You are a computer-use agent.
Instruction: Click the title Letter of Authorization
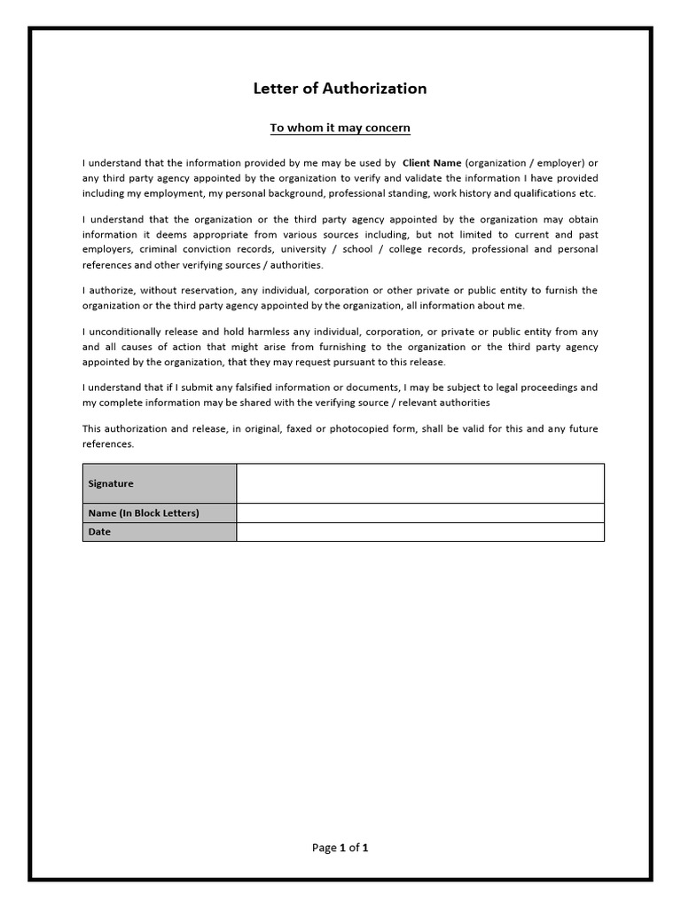point(340,89)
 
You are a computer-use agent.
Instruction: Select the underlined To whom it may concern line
point(340,128)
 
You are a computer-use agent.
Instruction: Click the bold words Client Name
point(432,163)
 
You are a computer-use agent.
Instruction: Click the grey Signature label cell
point(160,483)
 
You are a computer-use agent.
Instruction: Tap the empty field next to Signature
point(419,483)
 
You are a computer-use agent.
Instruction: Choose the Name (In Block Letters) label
point(160,513)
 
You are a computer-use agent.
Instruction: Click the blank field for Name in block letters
point(419,513)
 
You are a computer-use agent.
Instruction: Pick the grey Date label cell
point(160,532)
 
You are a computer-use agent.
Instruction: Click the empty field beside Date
point(419,532)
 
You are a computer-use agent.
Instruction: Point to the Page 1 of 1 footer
point(340,848)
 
